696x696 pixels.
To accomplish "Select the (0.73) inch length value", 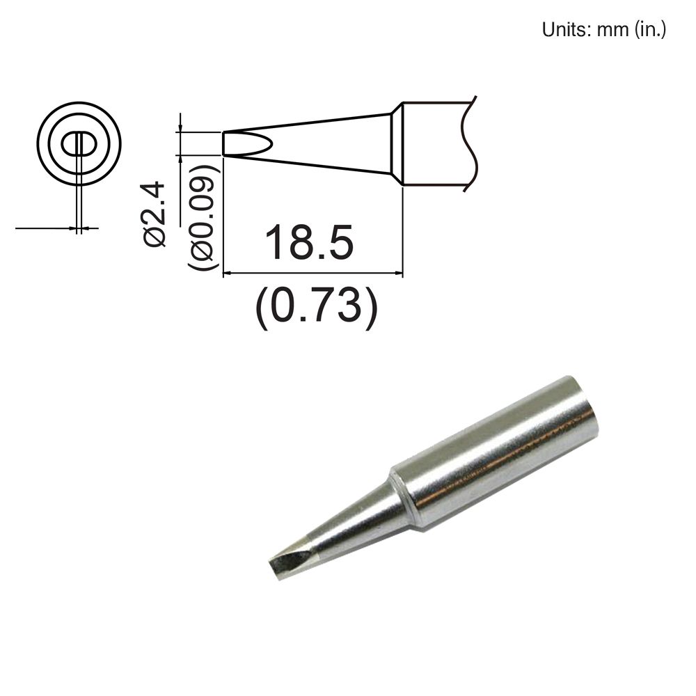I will [317, 306].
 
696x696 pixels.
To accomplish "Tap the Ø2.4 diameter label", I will [155, 212].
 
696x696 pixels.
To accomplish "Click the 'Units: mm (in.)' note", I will [604, 30].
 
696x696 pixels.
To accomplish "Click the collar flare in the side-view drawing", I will [397, 144].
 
